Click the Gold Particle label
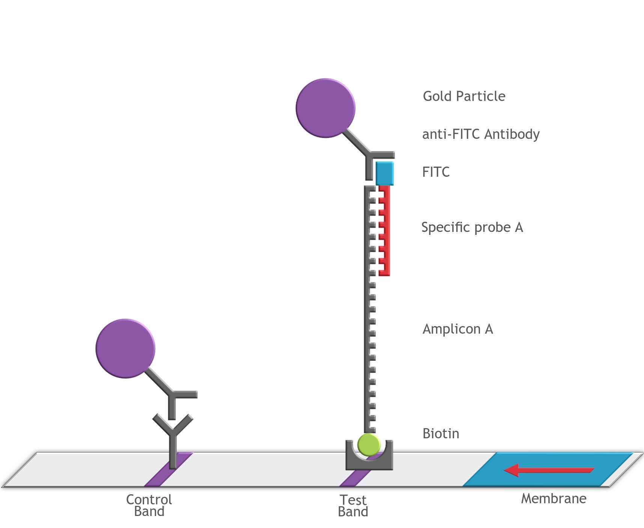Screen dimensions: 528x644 464,96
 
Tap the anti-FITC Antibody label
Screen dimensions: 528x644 481,134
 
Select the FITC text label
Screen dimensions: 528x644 436,172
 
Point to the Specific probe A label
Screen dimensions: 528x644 472,227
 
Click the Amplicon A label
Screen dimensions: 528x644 457,329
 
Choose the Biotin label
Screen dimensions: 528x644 441,434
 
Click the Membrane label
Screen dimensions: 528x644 554,499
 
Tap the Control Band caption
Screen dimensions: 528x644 149,505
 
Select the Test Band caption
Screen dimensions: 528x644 353,506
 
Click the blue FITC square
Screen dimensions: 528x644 385,173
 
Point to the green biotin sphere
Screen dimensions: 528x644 369,445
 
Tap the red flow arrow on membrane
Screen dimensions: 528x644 548,470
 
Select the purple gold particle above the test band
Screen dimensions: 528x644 325,108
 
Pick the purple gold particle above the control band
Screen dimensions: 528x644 125,349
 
